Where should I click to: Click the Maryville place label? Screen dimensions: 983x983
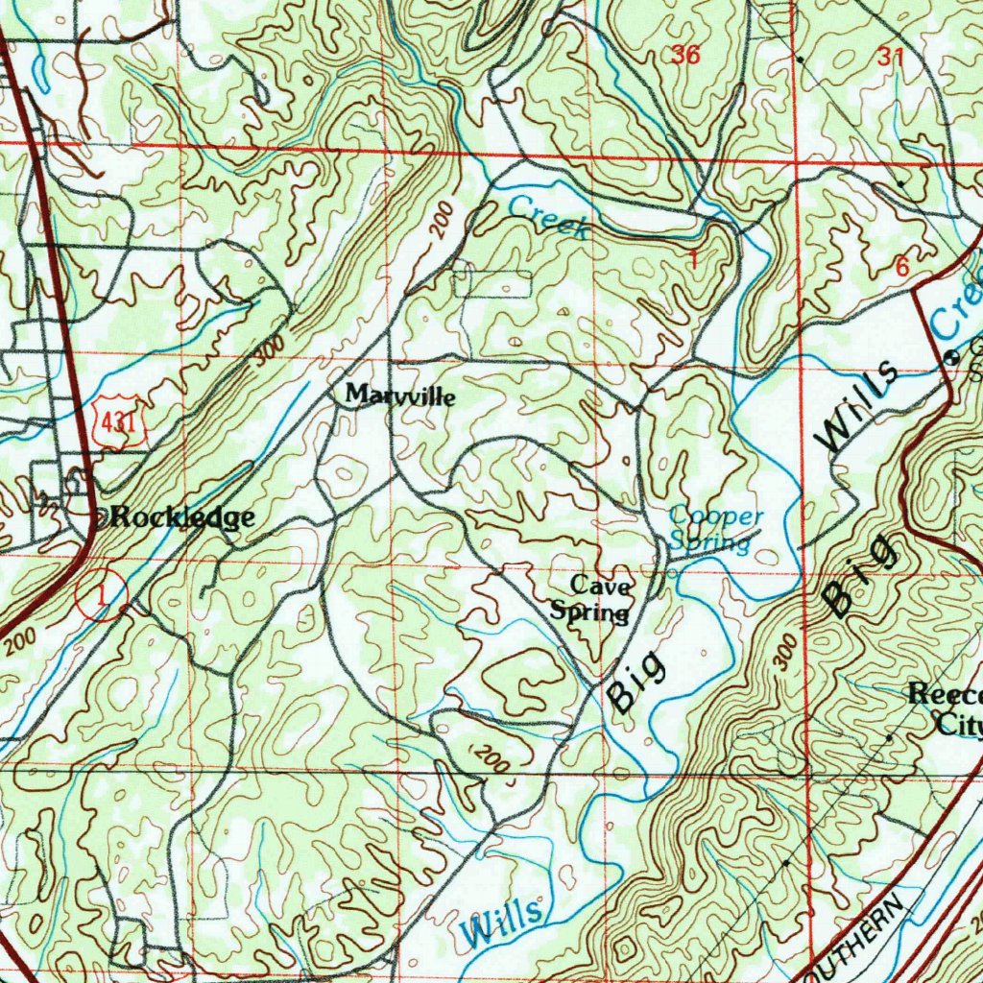tap(400, 395)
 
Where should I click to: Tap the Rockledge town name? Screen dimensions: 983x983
tap(181, 517)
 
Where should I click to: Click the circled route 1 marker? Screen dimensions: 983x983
tap(101, 596)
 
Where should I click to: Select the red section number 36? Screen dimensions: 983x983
tap(685, 56)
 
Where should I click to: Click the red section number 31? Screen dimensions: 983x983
tap(890, 58)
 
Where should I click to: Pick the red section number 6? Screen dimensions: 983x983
tap(900, 269)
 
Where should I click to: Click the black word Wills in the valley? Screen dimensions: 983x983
tap(857, 407)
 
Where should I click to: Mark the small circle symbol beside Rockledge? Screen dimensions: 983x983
tap(103, 518)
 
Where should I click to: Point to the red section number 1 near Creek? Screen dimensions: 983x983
tap(693, 259)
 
